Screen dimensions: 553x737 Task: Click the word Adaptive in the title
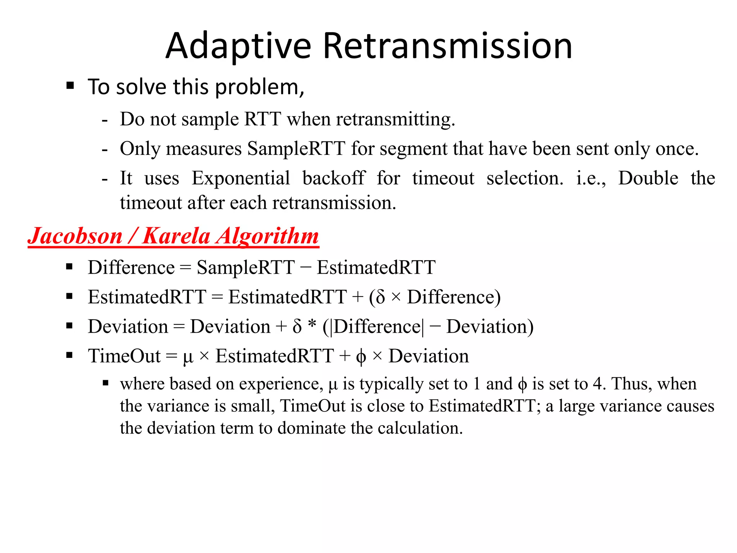point(238,46)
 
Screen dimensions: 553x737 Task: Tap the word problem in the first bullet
point(259,87)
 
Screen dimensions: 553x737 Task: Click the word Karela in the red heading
point(176,237)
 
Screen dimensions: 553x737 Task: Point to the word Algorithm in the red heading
point(267,237)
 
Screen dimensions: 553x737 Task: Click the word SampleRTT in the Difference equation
point(245,267)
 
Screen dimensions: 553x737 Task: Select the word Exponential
point(240,178)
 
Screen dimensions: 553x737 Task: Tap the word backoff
point(334,178)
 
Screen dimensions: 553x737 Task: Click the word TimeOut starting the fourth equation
point(124,356)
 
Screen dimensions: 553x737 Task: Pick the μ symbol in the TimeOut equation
point(188,357)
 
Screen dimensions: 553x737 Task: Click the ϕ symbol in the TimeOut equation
point(361,357)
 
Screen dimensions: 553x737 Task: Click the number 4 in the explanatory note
point(597,384)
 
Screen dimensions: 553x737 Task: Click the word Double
point(648,178)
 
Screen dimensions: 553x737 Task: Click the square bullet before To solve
point(70,86)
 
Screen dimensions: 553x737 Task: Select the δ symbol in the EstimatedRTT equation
point(380,297)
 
